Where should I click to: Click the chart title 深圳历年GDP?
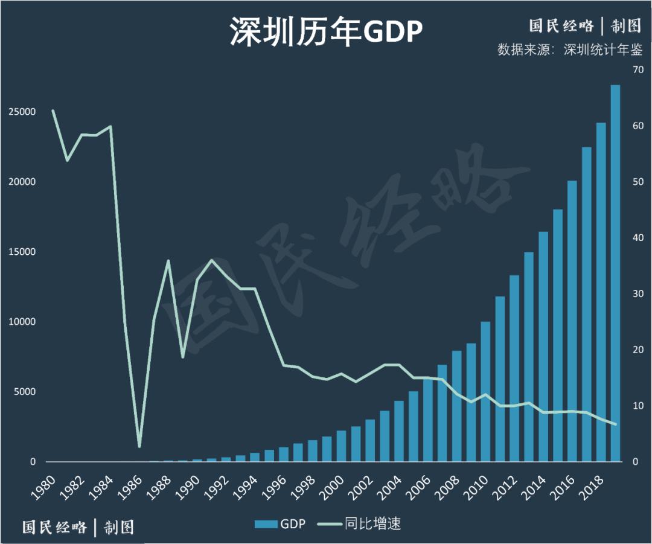[325, 31]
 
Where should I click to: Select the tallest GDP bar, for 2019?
[615, 272]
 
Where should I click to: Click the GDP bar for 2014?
[543, 347]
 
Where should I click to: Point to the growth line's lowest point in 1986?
[139, 446]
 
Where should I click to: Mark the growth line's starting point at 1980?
[53, 110]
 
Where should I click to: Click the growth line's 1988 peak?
[168, 261]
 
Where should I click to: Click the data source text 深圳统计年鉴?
[602, 50]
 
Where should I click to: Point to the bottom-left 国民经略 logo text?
[54, 527]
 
